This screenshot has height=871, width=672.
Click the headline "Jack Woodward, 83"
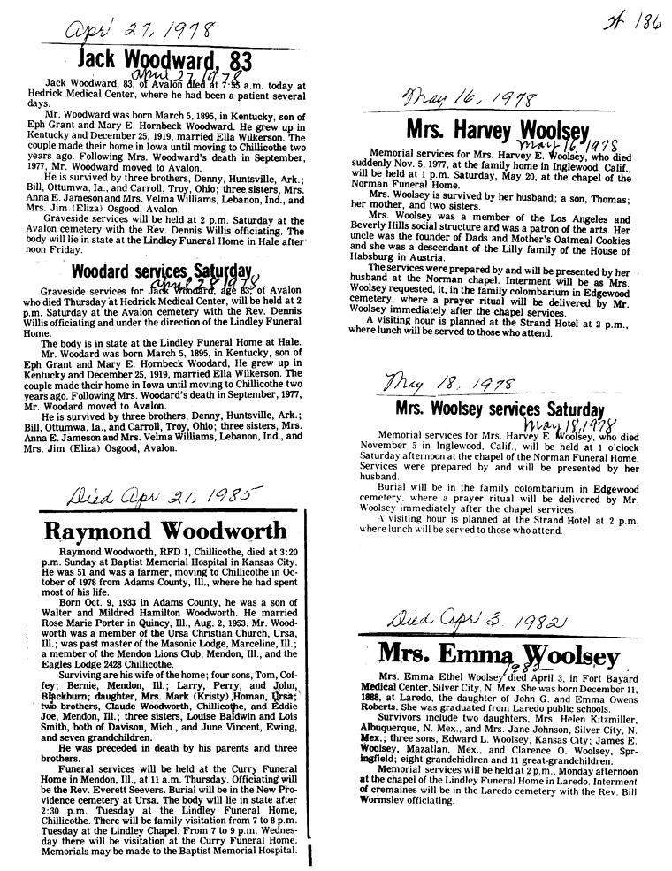point(165,60)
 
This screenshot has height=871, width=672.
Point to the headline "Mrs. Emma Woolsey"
point(499,655)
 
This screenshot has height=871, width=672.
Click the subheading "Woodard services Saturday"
point(162,271)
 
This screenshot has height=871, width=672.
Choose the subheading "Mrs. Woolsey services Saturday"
point(500,409)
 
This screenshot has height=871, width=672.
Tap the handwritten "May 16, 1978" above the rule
point(468,97)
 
